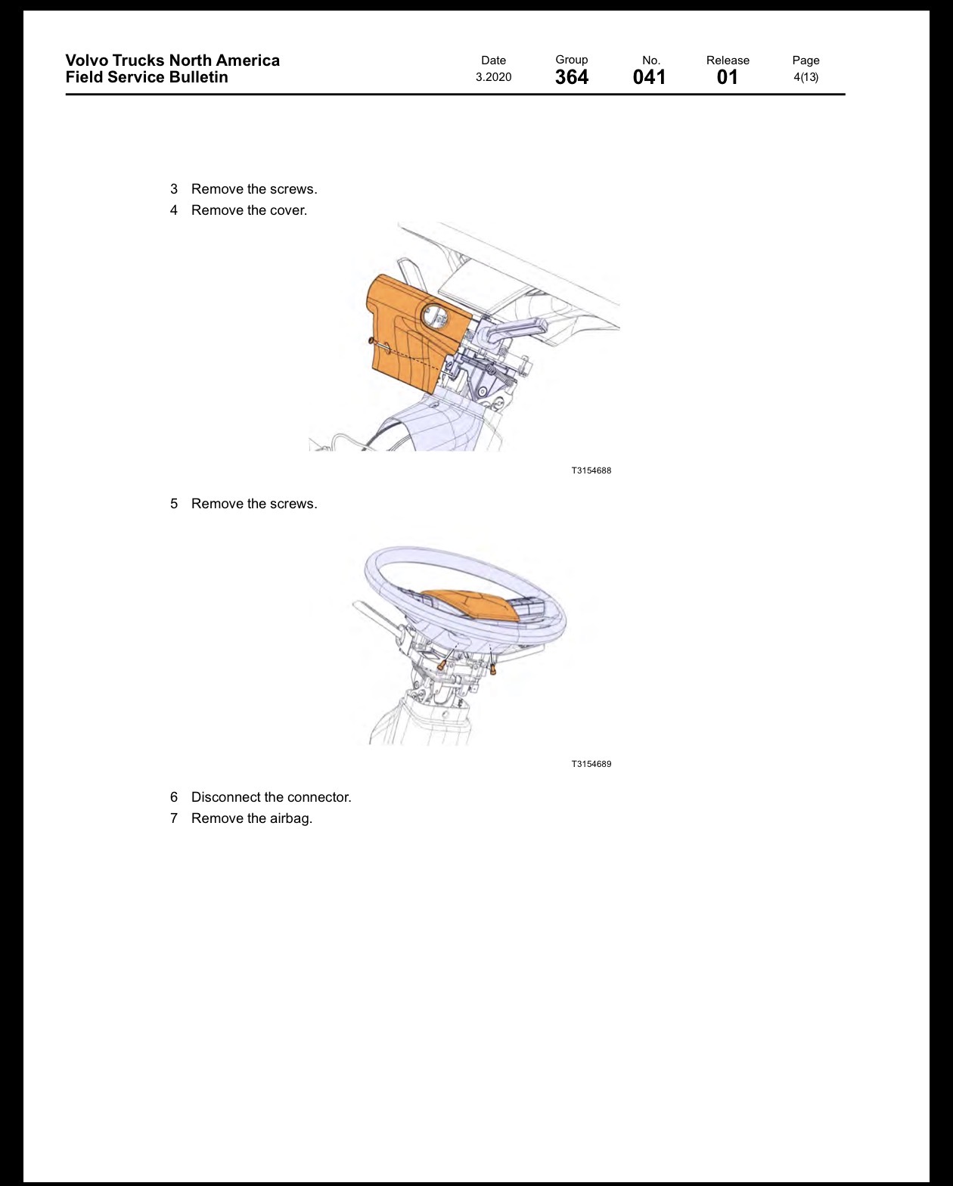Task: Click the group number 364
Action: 572,77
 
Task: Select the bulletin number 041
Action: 649,77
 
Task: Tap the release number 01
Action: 727,77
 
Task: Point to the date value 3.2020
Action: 493,77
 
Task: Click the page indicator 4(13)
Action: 806,77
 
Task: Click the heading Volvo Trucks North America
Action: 172,60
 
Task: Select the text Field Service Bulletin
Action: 147,77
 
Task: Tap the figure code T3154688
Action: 591,470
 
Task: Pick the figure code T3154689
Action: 591,764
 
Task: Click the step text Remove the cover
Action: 249,210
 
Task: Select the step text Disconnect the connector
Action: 272,797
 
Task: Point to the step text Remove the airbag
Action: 252,818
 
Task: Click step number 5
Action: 174,504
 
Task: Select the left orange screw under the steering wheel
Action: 441,666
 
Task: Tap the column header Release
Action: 728,60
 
